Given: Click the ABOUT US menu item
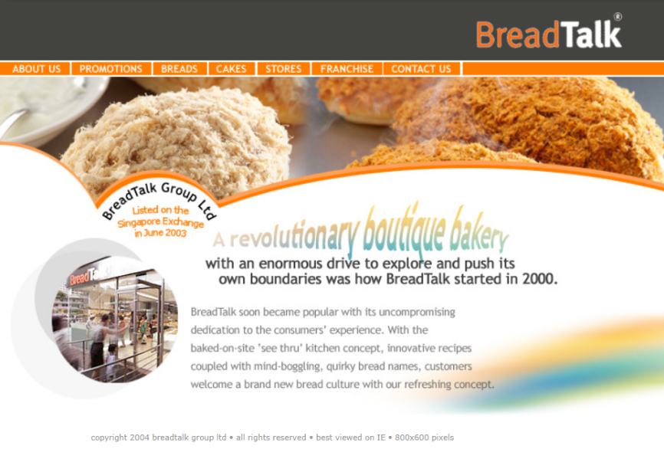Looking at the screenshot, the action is click(x=36, y=69).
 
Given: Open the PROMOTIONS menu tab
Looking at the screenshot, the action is click(x=111, y=69).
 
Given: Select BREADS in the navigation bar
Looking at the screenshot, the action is click(x=179, y=69).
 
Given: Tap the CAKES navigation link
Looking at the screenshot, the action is click(x=232, y=69).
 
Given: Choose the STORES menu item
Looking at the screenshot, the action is click(x=283, y=69).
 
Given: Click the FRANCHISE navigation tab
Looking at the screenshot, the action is click(x=347, y=69).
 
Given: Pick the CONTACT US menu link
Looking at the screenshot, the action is click(x=422, y=69).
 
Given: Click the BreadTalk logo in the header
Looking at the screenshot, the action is click(x=549, y=34).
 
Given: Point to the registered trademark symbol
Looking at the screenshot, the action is click(x=618, y=17).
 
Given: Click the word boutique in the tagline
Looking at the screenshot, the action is click(x=403, y=231).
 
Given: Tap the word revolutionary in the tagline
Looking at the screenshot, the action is click(x=294, y=236).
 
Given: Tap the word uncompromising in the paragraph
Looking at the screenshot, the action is click(x=416, y=313).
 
